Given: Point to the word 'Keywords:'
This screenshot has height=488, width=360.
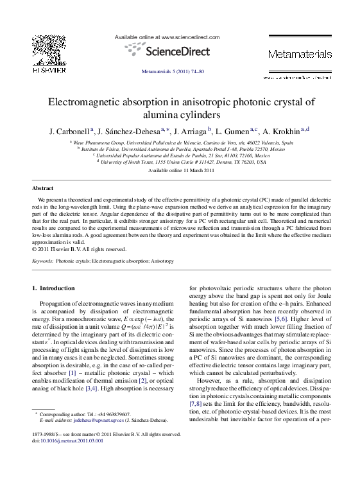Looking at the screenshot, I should (42, 261).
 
